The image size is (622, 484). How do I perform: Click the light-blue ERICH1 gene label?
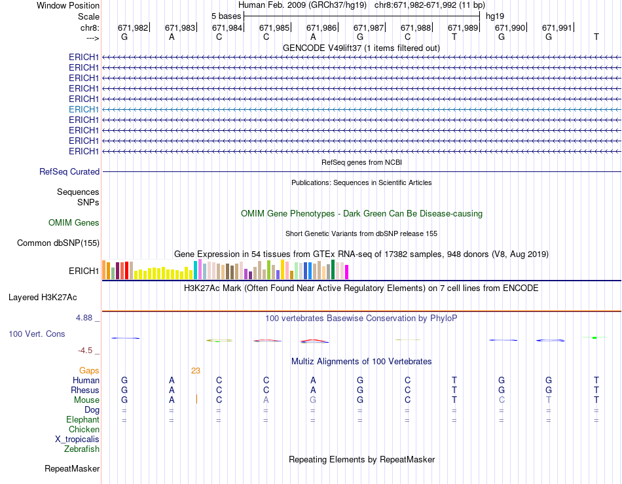pyautogui.click(x=84, y=109)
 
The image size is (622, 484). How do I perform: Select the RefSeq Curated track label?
pyautogui.click(x=69, y=171)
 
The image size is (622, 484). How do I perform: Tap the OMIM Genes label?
pyautogui.click(x=74, y=223)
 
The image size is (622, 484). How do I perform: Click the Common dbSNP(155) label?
pyautogui.click(x=58, y=243)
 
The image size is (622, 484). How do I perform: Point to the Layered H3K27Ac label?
pyautogui.click(x=43, y=297)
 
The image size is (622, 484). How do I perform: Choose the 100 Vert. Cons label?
pyautogui.click(x=37, y=334)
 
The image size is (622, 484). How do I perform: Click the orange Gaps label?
pyautogui.click(x=89, y=370)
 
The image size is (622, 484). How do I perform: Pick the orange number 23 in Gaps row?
pyautogui.click(x=196, y=370)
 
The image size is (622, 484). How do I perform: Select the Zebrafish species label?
pyautogui.click(x=82, y=449)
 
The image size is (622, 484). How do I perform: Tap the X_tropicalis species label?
pyautogui.click(x=77, y=440)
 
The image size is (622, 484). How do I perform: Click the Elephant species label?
pyautogui.click(x=82, y=419)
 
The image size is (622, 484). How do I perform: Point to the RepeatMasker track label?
pyautogui.click(x=72, y=468)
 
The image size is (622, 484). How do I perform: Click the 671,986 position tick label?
pyautogui.click(x=321, y=27)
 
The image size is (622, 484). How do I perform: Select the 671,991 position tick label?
pyautogui.click(x=557, y=27)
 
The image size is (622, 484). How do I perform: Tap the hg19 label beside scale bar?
pyautogui.click(x=495, y=15)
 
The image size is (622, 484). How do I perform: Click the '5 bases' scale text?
pyautogui.click(x=226, y=15)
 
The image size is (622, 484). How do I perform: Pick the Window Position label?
pyautogui.click(x=68, y=5)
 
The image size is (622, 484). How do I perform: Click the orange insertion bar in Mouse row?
pyautogui.click(x=196, y=400)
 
